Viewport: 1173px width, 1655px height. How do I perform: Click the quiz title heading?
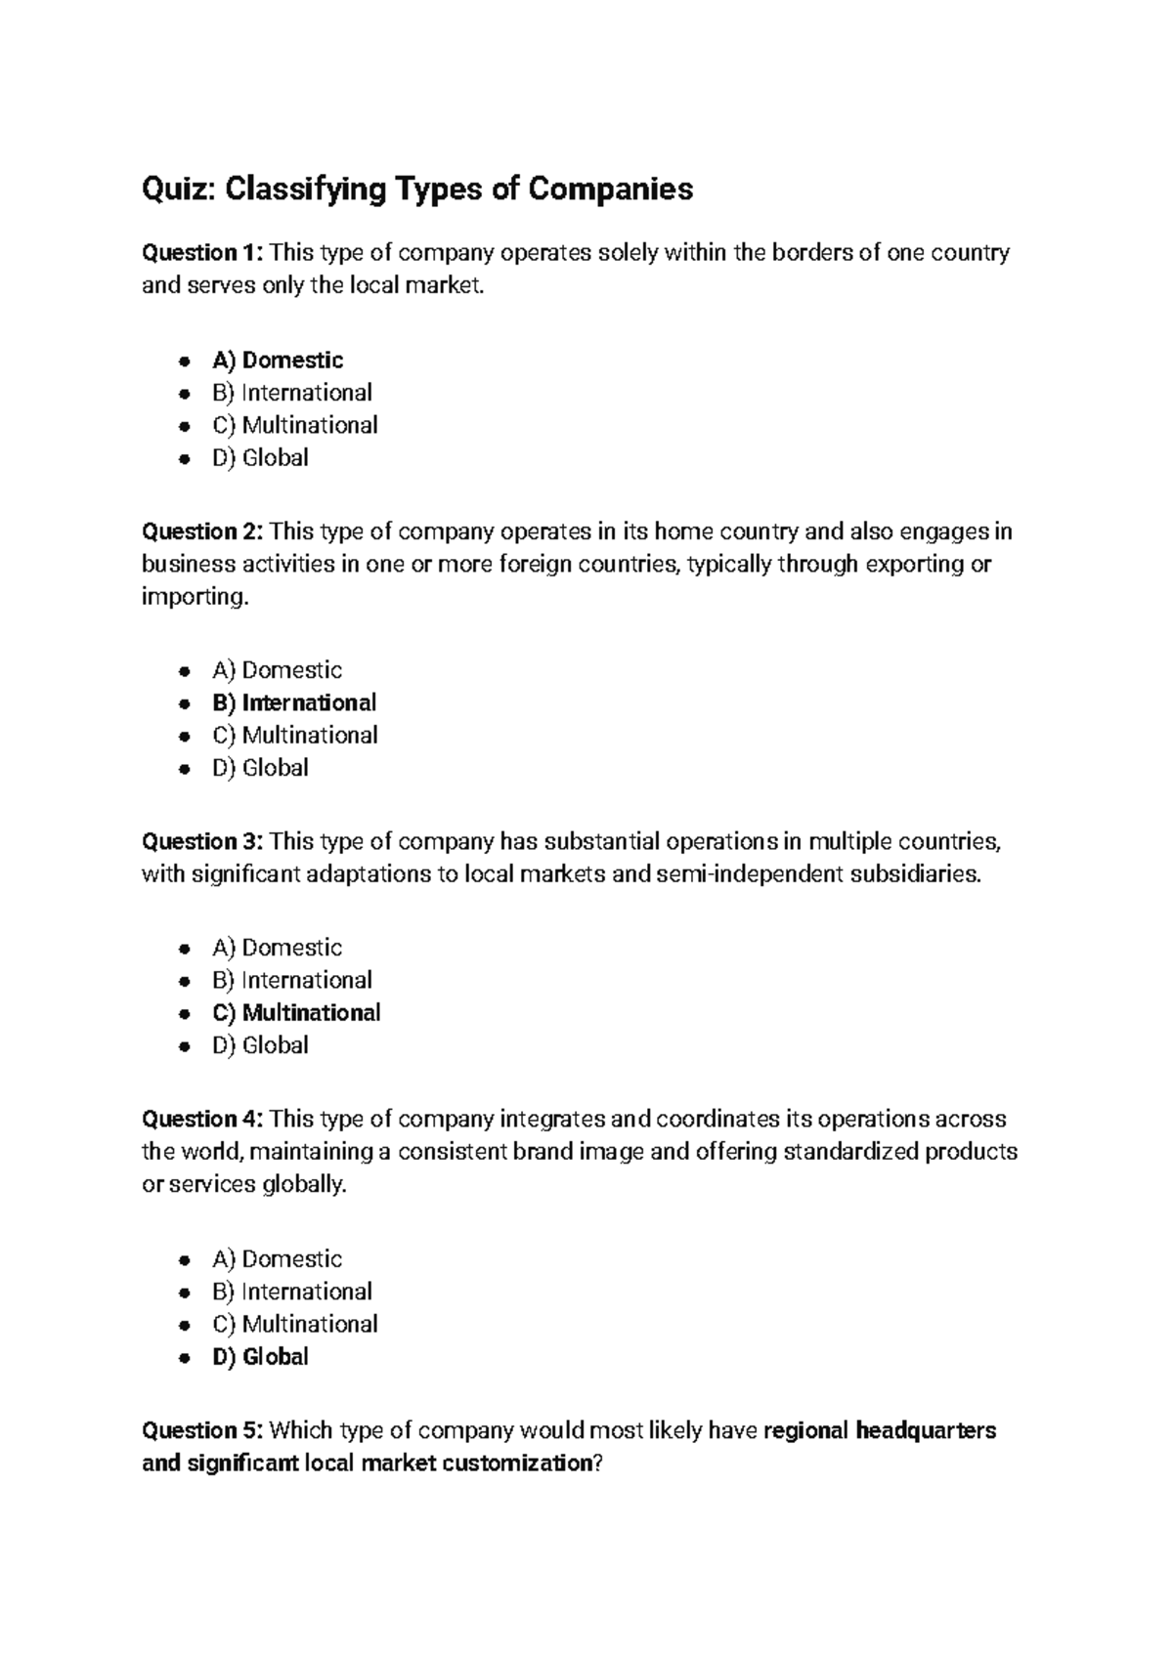417,189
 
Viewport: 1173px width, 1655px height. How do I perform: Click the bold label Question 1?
202,253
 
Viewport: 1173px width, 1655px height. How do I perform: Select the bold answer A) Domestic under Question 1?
278,361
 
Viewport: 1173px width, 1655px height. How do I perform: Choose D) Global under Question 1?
260,457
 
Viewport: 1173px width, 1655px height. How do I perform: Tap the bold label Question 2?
202,531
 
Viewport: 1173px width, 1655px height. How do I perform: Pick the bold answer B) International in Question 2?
294,702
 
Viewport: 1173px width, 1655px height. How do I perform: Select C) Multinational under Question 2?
295,735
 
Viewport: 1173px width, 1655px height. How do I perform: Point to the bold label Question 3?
202,841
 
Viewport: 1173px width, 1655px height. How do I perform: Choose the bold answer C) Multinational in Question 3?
296,1012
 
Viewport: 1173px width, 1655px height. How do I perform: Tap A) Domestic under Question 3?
278,948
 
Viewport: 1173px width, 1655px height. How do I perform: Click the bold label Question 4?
202,1119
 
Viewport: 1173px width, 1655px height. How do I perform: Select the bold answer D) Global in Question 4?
260,1356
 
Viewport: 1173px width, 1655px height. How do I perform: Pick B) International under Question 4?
292,1292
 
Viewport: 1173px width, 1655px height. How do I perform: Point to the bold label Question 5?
202,1430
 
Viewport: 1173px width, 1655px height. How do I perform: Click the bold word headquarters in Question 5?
926,1430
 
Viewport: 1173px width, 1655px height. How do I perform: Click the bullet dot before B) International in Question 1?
184,394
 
